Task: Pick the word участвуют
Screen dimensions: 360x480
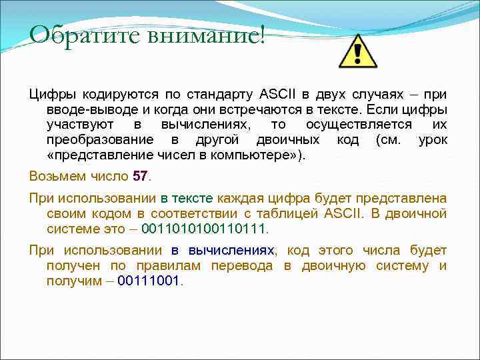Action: tap(80, 125)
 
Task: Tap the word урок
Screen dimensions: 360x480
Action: tap(433, 141)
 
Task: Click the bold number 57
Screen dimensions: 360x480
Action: tap(140, 177)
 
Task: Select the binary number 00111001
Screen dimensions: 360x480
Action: tap(148, 281)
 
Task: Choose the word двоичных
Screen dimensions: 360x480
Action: tap(287, 141)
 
